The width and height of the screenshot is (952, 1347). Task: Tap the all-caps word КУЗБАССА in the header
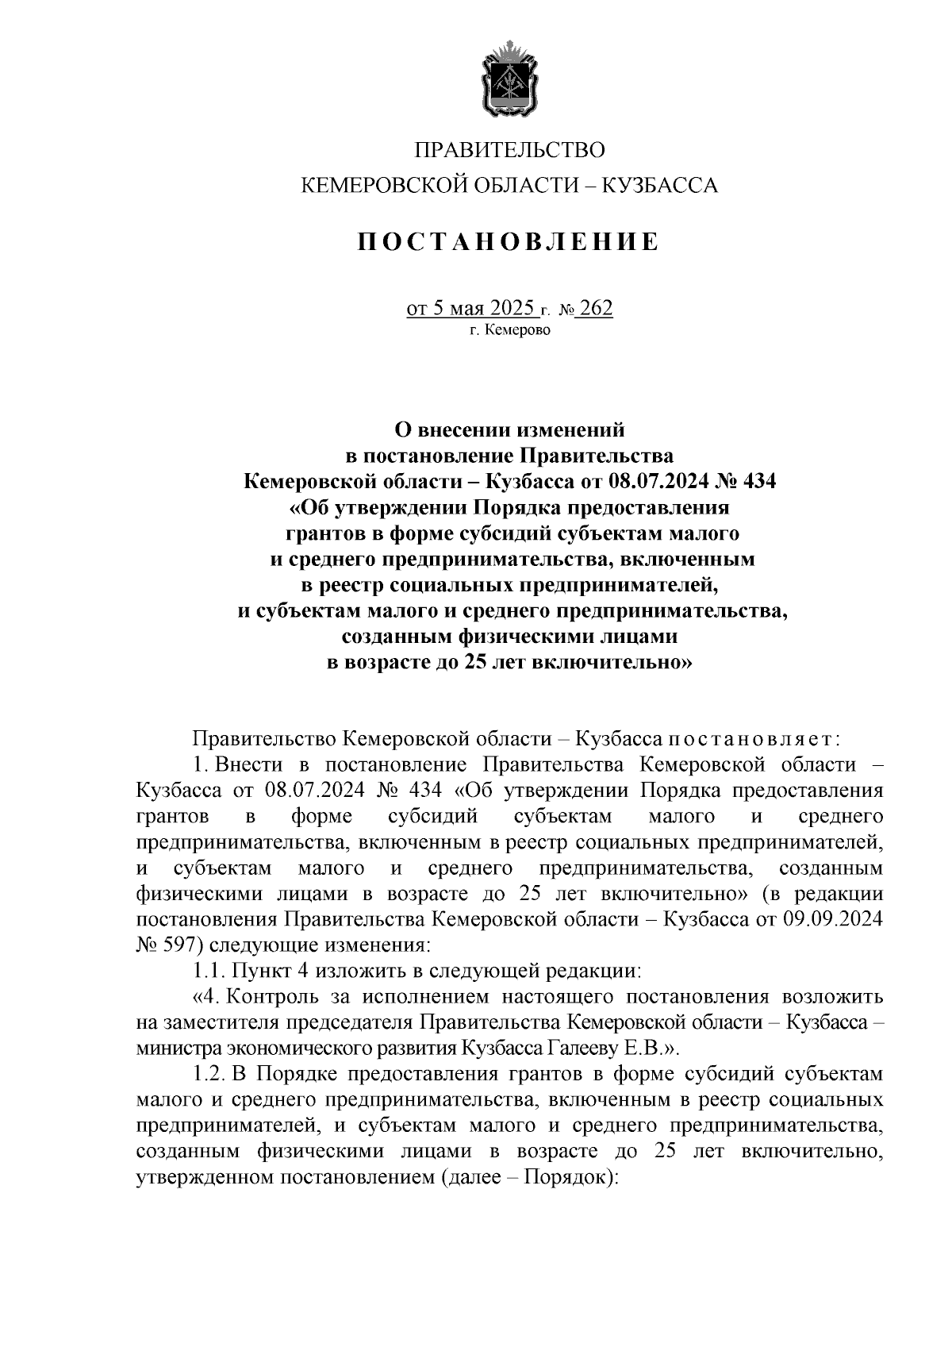[x=660, y=187]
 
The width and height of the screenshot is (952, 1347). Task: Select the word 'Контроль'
[x=274, y=997]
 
